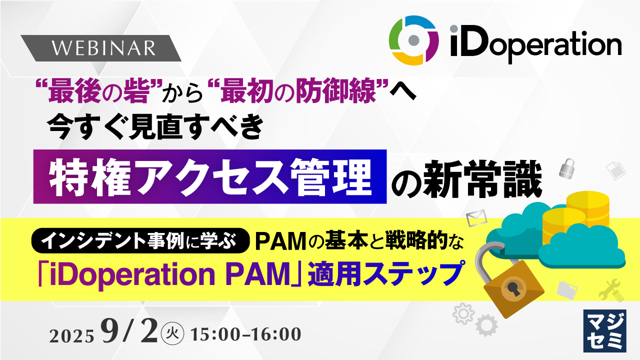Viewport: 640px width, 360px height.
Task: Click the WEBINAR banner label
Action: (x=101, y=48)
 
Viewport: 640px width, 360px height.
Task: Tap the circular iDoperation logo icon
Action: (x=413, y=40)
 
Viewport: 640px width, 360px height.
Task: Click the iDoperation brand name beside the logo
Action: (x=536, y=43)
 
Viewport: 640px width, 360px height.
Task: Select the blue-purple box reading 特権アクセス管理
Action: (x=210, y=176)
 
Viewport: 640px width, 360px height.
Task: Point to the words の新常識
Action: (x=467, y=178)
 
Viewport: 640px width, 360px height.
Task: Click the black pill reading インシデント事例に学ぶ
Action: (x=140, y=240)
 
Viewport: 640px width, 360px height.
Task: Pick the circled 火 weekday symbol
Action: (x=172, y=333)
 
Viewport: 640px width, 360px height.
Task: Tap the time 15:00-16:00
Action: (x=246, y=334)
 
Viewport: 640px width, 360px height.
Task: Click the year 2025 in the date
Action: (x=71, y=336)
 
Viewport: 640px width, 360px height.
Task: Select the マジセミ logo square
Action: (x=605, y=331)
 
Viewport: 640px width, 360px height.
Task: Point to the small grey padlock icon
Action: (x=567, y=168)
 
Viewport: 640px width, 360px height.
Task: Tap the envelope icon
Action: (x=476, y=218)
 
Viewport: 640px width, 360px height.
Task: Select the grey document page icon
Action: (x=616, y=170)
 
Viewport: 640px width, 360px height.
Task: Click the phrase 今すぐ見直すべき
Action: (x=156, y=127)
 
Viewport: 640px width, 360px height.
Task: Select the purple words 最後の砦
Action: (x=98, y=91)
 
